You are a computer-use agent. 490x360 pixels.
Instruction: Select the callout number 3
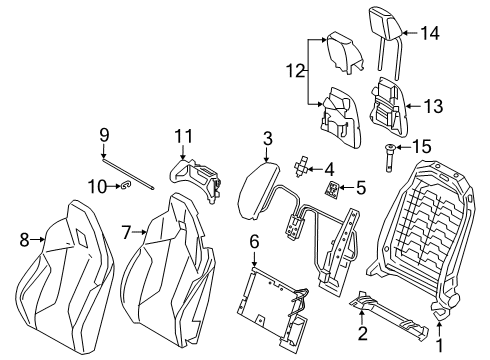[x=267, y=138]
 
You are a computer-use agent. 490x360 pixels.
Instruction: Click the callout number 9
[x=103, y=134]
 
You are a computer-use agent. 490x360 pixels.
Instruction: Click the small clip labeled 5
[x=331, y=186]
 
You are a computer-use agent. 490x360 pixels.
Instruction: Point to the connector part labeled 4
[x=300, y=167]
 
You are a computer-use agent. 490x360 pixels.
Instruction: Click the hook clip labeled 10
[x=123, y=185]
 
